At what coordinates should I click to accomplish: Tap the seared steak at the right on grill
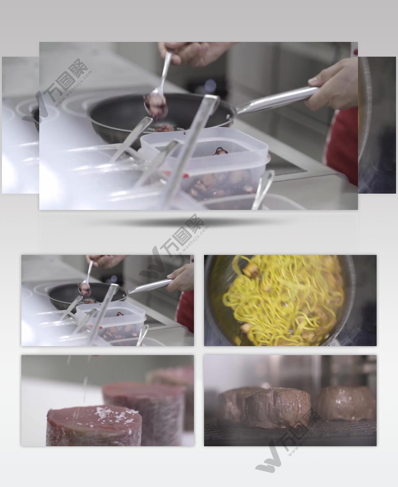(346, 404)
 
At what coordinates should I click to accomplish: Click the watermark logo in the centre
(175, 248)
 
